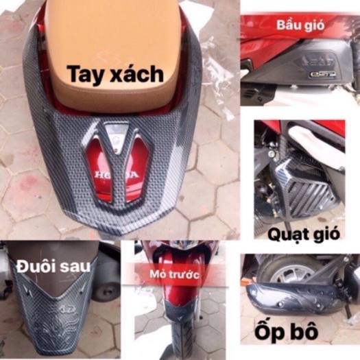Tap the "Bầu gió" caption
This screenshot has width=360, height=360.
[x=300, y=25]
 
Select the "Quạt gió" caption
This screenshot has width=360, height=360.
[x=304, y=235]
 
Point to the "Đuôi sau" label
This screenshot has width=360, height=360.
[x=53, y=267]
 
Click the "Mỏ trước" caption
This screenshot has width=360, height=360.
[x=174, y=274]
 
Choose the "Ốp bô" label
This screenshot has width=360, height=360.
[x=286, y=331]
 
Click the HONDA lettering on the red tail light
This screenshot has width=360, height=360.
[x=117, y=175]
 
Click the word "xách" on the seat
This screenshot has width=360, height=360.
[x=136, y=74]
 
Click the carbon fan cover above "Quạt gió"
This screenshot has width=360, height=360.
[x=300, y=189]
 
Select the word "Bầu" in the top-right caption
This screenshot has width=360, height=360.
[x=287, y=25]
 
